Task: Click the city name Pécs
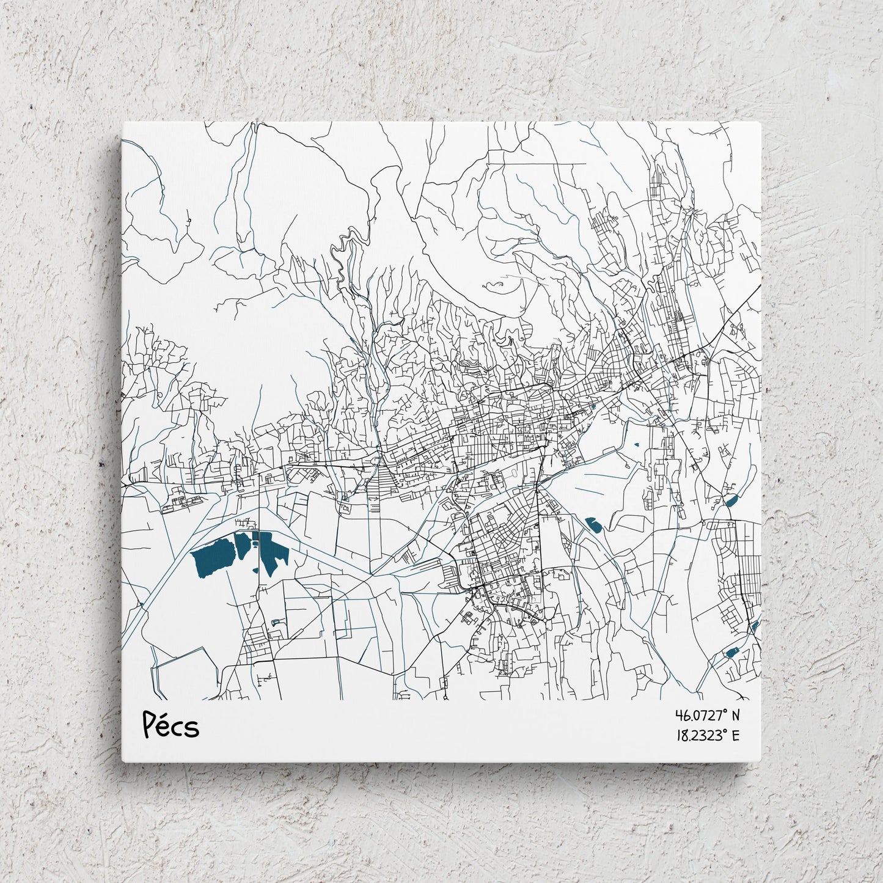click(170, 725)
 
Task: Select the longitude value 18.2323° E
click(707, 735)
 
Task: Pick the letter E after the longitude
click(736, 735)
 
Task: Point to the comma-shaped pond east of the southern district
click(592, 523)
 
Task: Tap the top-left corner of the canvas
click(123, 122)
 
